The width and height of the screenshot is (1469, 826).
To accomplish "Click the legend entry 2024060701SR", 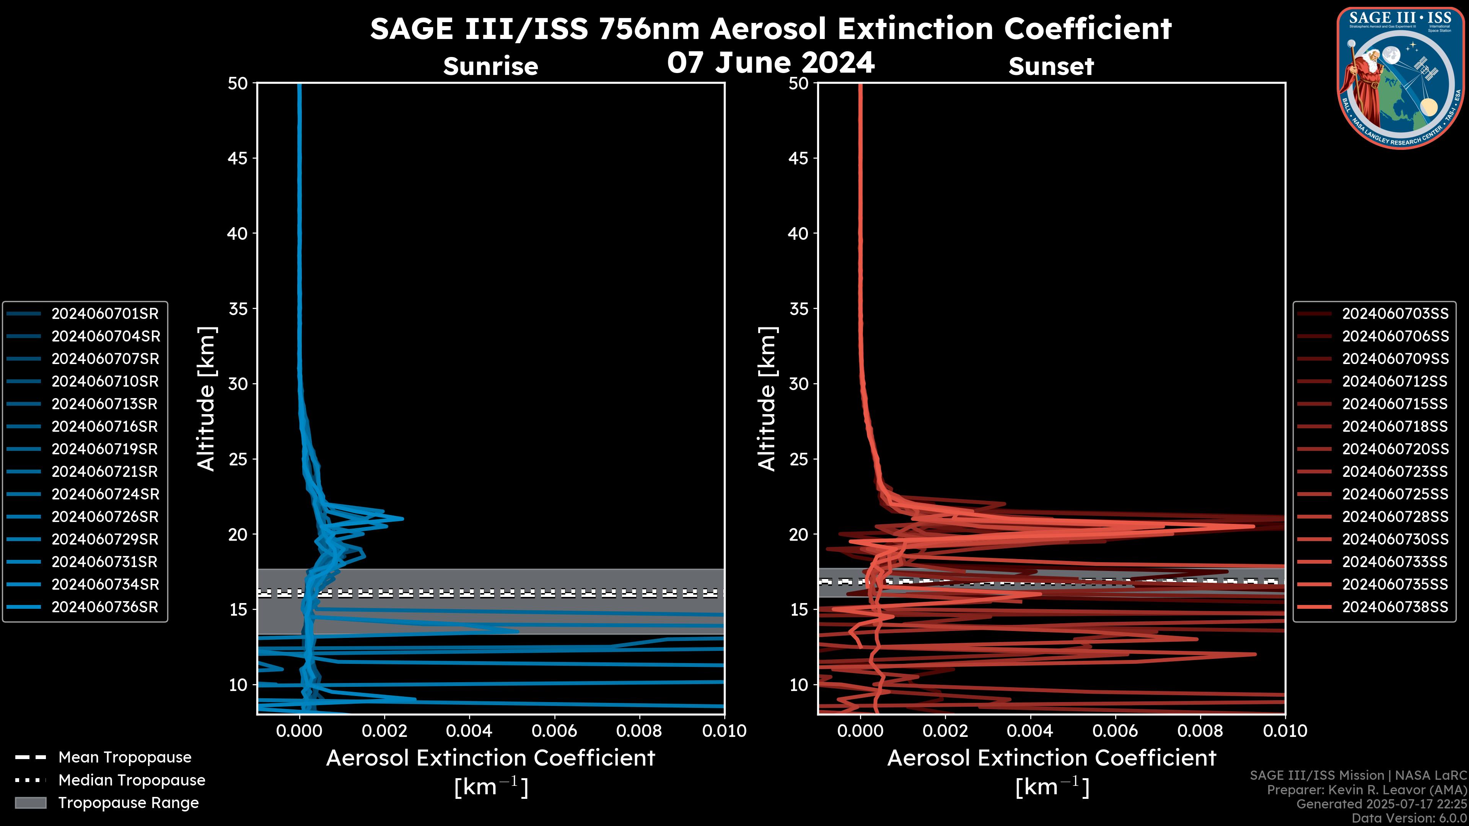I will tap(105, 314).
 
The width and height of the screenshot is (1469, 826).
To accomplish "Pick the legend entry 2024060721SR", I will tap(105, 472).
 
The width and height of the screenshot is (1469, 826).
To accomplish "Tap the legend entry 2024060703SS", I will tap(1395, 314).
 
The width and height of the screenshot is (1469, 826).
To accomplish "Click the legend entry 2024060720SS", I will tap(1395, 449).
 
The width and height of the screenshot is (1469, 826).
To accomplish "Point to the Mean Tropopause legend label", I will tap(125, 757).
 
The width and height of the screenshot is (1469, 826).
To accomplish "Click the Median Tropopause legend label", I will tap(132, 780).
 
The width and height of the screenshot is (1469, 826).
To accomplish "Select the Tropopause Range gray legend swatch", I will tap(30, 803).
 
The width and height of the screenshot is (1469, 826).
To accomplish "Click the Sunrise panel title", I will tap(490, 66).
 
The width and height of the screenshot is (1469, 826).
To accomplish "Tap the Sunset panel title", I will tap(1051, 66).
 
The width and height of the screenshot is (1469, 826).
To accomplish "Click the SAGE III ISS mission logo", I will tap(1401, 77).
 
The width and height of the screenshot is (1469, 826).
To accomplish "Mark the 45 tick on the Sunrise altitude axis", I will tap(238, 158).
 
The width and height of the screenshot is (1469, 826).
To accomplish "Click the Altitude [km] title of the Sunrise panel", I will tap(206, 398).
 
